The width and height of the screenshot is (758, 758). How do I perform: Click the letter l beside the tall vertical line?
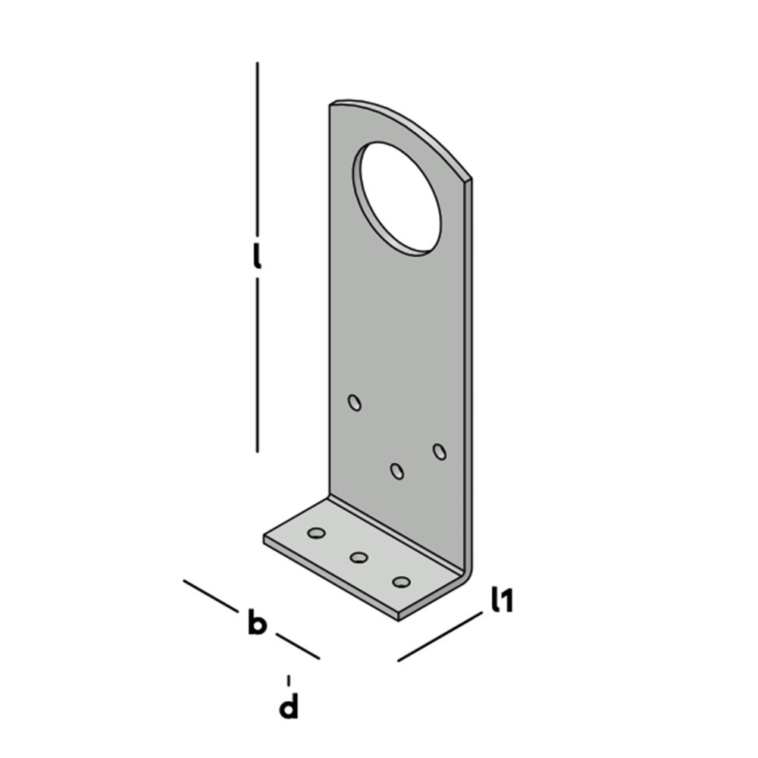[257, 256]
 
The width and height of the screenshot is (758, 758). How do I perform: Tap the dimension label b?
[257, 622]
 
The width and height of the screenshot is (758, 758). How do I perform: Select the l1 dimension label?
[502, 600]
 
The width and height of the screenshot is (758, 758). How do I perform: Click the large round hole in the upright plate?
[397, 199]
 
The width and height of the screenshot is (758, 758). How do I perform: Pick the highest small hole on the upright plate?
[355, 402]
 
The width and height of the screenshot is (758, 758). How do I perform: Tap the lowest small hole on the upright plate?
[397, 471]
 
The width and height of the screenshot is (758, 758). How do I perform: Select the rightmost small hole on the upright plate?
[440, 452]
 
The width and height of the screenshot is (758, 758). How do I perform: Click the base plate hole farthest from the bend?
[316, 533]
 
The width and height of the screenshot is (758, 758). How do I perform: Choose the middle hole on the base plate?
[359, 558]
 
